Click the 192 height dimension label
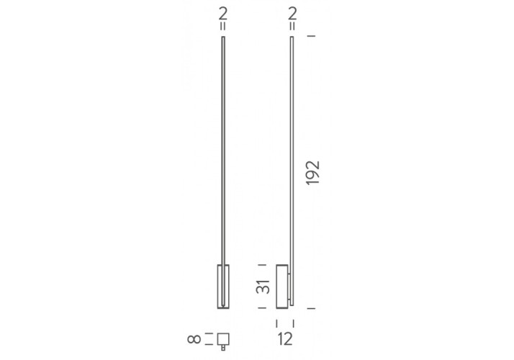click(x=312, y=173)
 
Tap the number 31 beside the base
click(x=263, y=287)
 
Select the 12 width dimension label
click(x=285, y=338)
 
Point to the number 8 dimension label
click(x=194, y=338)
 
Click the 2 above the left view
click(x=223, y=14)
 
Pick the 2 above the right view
click(x=292, y=14)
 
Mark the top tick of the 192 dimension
click(x=311, y=35)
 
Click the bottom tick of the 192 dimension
click(x=311, y=308)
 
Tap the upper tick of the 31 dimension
click(x=262, y=264)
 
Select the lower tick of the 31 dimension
click(x=262, y=308)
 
